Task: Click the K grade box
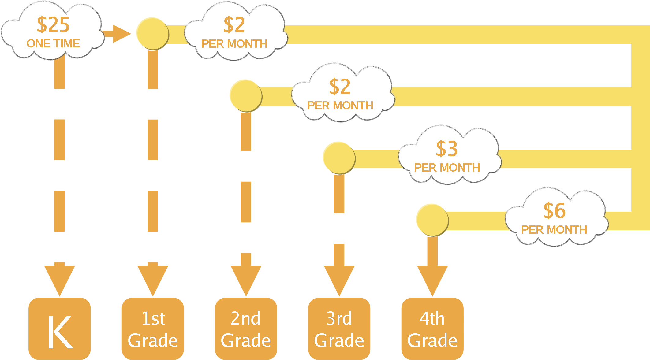60,328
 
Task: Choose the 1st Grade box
153,328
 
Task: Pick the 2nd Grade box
246,328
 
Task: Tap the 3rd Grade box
339,328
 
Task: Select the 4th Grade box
432,328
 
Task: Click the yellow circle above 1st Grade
152,34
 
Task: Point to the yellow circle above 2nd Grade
246,96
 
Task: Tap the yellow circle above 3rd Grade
339,158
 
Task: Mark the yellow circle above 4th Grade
432,220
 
